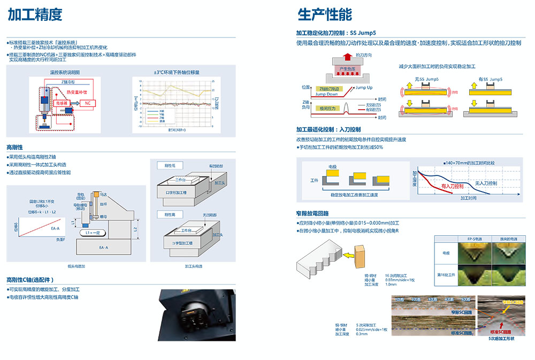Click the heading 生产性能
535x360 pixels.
click(x=325, y=14)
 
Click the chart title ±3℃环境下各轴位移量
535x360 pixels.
click(x=176, y=72)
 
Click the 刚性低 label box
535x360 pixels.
click(x=170, y=165)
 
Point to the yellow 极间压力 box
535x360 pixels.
click(x=327, y=108)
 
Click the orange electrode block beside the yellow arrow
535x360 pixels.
click(x=360, y=255)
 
